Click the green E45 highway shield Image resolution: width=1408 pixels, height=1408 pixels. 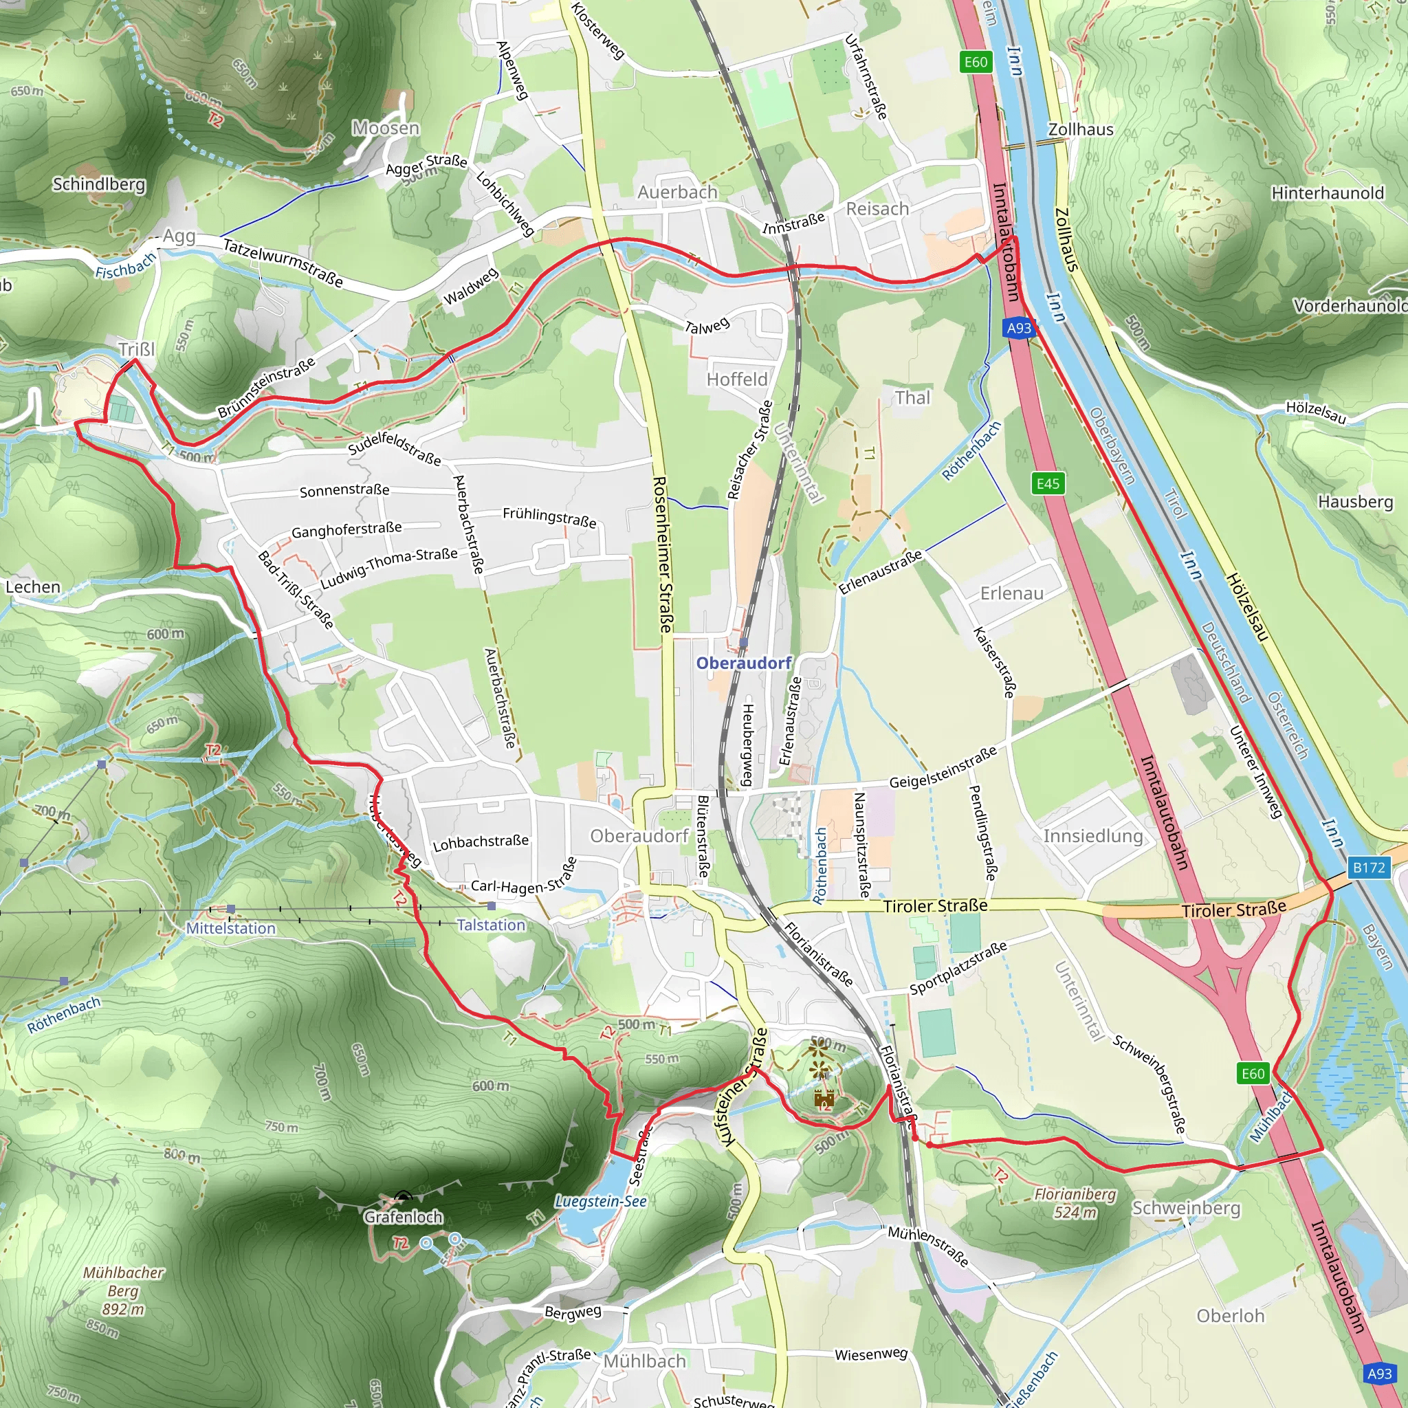tap(1048, 483)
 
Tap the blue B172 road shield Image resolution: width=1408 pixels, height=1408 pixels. tap(1368, 867)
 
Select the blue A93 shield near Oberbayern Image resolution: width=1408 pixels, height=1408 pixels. tap(1019, 328)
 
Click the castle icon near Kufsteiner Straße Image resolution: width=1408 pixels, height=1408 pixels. tap(824, 1097)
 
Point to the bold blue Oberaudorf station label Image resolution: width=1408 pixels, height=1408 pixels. tap(743, 663)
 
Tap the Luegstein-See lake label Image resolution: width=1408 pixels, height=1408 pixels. tap(600, 1201)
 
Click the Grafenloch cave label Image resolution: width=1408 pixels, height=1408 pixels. tap(403, 1217)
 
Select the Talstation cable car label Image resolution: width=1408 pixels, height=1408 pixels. tap(490, 925)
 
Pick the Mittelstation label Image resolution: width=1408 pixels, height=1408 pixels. tap(230, 927)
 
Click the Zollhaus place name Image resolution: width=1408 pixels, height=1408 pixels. tap(1080, 130)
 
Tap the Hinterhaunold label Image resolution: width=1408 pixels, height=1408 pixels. tap(1327, 193)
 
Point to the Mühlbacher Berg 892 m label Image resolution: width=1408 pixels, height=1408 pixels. tap(123, 1290)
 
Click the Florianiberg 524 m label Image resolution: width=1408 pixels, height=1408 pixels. tap(1075, 1203)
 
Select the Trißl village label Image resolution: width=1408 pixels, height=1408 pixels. tap(137, 349)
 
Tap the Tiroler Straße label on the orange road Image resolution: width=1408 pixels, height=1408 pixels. tap(1234, 910)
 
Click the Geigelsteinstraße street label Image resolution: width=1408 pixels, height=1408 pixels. tap(943, 767)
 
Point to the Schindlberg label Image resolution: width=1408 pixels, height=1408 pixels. tap(98, 184)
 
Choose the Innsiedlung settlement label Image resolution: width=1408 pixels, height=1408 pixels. tap(1092, 836)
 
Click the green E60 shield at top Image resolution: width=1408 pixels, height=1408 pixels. tap(975, 62)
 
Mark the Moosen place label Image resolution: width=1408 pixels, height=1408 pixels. tap(386, 129)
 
